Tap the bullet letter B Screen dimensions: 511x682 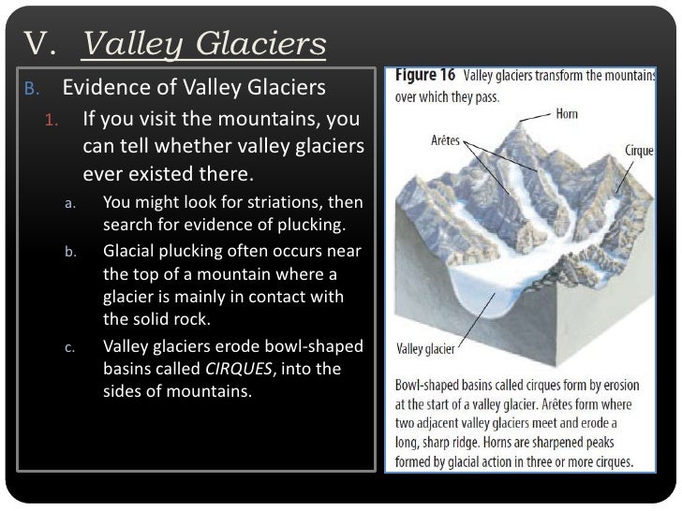(30, 92)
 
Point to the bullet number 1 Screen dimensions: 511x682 (53, 122)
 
